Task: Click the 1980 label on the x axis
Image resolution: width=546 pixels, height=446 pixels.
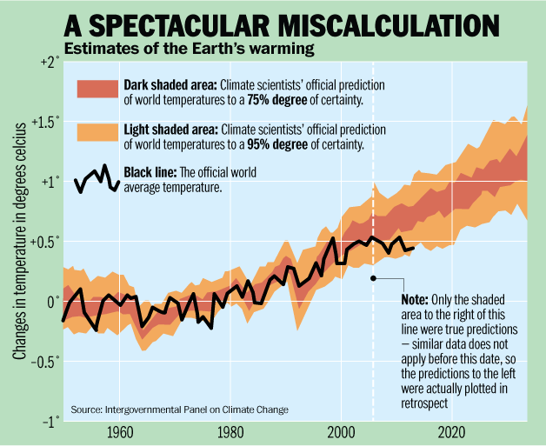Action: pyautogui.click(x=230, y=433)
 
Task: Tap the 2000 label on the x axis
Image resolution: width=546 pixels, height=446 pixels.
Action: pyautogui.click(x=341, y=433)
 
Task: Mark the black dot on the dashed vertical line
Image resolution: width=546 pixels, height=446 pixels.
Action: pyautogui.click(x=372, y=278)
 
